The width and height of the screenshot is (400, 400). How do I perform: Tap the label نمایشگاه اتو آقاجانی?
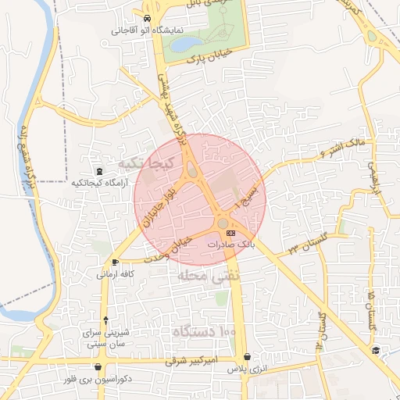148,30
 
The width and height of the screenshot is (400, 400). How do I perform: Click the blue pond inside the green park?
187,45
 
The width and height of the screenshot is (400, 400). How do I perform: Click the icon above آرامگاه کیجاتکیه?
98,171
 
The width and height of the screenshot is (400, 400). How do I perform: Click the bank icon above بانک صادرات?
230,233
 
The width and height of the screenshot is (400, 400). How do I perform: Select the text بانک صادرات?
231,245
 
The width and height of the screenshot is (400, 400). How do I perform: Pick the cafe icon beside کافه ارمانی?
116,262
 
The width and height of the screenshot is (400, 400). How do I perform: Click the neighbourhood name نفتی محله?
205,277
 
